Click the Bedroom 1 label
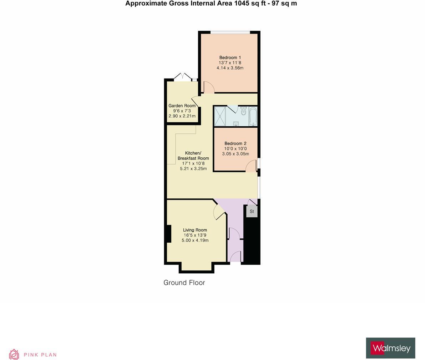230,57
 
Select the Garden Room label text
182,106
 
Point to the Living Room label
195,230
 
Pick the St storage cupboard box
252,212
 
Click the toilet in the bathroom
243,111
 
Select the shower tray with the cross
220,116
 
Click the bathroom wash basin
236,124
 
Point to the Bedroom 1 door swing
208,87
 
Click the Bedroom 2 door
252,166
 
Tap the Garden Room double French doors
182,76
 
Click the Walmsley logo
390,348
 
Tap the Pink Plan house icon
14,354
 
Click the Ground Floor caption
184,283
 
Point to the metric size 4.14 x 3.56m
230,68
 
